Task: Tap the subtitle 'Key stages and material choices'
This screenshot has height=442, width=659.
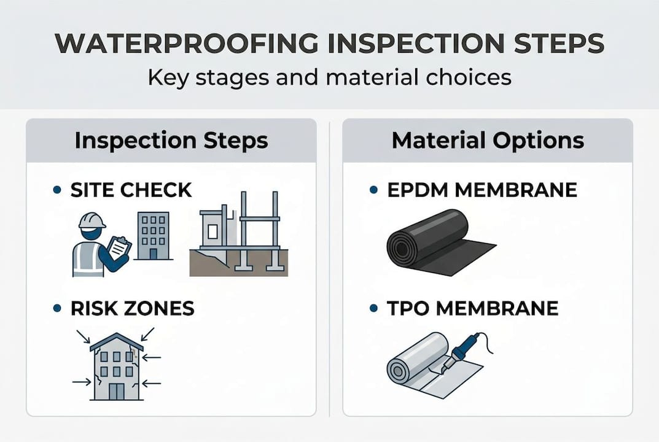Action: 329,77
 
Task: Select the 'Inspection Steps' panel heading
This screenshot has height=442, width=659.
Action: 171,141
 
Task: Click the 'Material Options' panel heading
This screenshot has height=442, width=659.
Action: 488,141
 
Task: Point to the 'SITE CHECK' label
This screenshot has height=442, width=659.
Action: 131,190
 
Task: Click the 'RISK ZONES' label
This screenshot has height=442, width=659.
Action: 132,308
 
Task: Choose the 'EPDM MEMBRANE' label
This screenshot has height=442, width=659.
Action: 482,190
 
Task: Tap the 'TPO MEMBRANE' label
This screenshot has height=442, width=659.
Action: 472,308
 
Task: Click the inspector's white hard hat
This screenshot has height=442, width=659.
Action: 92,220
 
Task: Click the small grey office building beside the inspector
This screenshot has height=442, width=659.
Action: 150,236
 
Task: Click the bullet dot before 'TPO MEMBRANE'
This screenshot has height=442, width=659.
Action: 373,309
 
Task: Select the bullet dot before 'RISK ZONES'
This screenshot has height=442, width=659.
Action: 57,309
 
